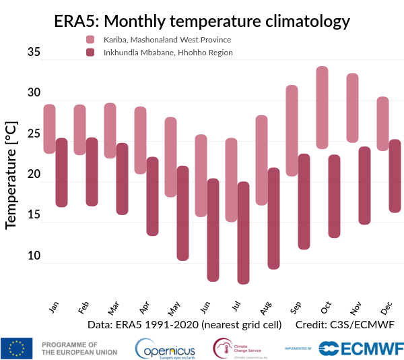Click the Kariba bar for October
point(323,107)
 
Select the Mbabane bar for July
point(243,233)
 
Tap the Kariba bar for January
point(49,129)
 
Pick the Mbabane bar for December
point(395,176)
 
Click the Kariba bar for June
point(201,175)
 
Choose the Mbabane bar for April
point(153,196)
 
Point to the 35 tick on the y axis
point(34,52)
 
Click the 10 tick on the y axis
point(34,256)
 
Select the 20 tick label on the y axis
point(34,175)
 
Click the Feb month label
point(83,308)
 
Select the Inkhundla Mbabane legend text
point(168,52)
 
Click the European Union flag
point(17,347)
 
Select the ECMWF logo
point(361,348)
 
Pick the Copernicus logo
point(165,348)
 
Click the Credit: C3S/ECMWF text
point(344,324)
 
